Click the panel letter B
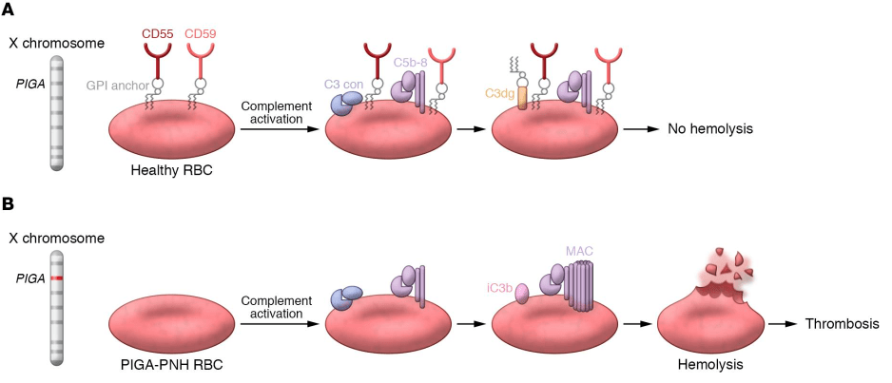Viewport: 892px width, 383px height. (10, 204)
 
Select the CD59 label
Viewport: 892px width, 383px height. (202, 35)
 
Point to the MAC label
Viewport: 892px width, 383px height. (579, 250)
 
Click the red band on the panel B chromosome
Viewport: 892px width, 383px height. (58, 278)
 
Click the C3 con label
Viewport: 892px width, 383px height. (341, 84)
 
